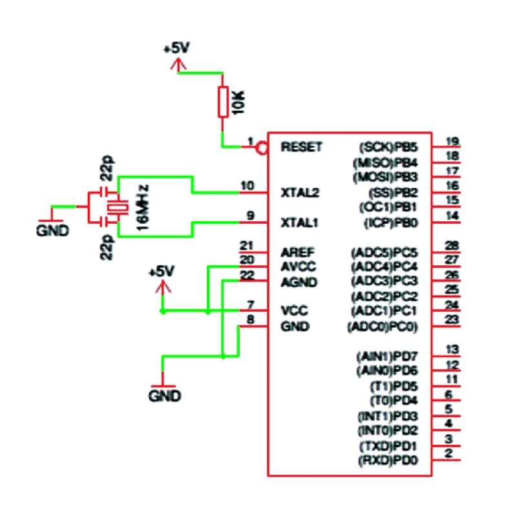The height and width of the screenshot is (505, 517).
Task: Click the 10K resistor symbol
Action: [x=223, y=102]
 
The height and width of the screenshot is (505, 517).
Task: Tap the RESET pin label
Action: [x=301, y=147]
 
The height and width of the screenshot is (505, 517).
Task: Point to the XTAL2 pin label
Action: [x=300, y=193]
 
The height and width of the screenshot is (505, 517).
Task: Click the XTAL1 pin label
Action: [x=300, y=223]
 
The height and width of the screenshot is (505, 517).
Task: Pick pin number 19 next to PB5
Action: [x=452, y=142]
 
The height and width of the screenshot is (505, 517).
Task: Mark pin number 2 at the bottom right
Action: [x=448, y=454]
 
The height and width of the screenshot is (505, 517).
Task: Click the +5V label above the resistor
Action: [x=177, y=48]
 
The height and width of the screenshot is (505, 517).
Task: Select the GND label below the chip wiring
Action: [x=165, y=395]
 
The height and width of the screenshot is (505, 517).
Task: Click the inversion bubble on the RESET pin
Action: [x=261, y=149]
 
